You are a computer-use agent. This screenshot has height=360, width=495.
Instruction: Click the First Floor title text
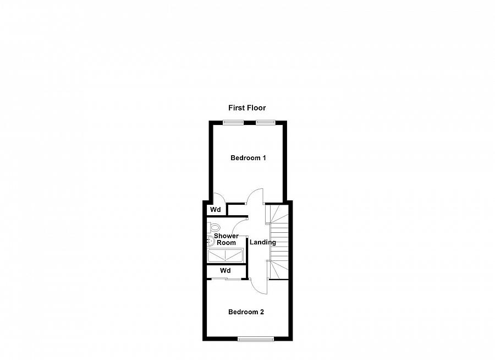pos(248,108)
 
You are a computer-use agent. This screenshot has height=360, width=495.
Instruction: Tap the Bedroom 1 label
pos(248,158)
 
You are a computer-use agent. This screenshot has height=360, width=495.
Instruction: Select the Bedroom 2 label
pos(246,312)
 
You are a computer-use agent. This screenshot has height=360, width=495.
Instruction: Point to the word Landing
pos(263,242)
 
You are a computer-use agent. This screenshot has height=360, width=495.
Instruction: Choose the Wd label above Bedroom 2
pos(225,271)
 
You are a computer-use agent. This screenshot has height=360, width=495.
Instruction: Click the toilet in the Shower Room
pos(213,227)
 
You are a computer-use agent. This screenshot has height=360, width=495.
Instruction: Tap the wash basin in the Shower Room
pos(211,241)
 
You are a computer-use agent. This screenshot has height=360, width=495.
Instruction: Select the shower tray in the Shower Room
pos(226,255)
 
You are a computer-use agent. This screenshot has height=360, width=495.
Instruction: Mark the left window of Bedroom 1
pos(235,122)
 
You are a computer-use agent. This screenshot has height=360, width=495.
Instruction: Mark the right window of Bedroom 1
pos(265,122)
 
